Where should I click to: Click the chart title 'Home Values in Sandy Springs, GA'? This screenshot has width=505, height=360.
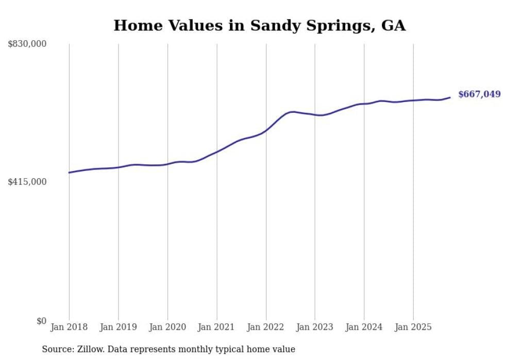[x=259, y=26]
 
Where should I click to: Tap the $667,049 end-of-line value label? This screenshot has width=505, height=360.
[x=479, y=94]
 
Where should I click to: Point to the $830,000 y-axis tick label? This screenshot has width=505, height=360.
[x=27, y=44]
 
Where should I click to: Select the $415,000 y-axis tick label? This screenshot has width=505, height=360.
[x=27, y=182]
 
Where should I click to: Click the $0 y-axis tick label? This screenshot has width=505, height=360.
[x=41, y=321]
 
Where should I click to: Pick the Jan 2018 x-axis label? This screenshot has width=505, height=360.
[x=69, y=327]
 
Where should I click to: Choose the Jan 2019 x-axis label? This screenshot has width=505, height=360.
[x=118, y=327]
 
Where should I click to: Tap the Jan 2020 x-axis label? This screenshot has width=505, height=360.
[x=167, y=327]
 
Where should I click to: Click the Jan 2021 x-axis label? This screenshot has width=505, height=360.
[x=216, y=327]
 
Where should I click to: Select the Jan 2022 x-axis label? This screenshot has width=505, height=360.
[x=266, y=327]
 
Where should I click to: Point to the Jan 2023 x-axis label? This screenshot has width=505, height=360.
[x=315, y=327]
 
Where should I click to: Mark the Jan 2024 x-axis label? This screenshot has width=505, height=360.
[x=364, y=327]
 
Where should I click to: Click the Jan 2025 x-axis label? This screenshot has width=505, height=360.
[x=413, y=327]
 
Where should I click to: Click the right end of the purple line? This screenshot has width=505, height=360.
[x=450, y=97]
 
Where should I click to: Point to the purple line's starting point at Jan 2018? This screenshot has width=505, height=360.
[x=69, y=173]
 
